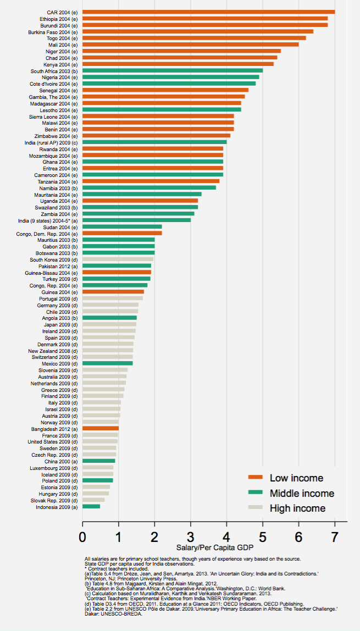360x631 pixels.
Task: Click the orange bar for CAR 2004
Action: [209, 12]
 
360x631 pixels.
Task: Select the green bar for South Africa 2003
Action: [173, 70]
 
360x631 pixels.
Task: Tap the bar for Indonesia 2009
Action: [91, 506]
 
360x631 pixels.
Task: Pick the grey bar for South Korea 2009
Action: [118, 259]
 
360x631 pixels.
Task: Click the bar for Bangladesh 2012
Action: [101, 428]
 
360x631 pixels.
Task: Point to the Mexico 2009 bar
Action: [108, 363]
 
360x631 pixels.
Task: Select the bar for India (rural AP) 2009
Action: [154, 142]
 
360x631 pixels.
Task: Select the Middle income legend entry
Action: [302, 493]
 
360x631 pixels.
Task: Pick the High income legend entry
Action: [297, 508]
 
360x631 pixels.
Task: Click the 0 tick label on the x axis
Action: [82, 535]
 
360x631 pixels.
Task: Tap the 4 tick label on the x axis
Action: [226, 535]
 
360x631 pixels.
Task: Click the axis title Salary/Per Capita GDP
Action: [208, 548]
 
